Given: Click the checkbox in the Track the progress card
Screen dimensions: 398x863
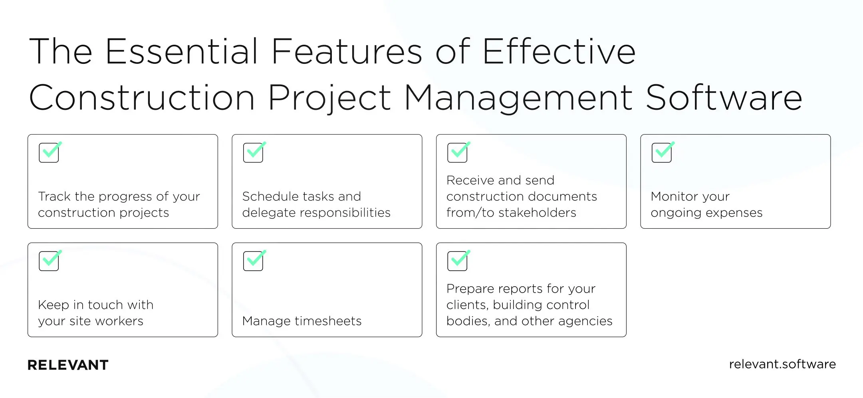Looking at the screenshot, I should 49,152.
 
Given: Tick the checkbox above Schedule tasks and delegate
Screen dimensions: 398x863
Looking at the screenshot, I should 253,152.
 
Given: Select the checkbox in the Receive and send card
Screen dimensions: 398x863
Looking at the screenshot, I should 457,152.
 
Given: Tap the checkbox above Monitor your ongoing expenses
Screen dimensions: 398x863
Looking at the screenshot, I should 662,152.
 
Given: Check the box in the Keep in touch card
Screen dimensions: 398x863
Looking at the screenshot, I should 49,261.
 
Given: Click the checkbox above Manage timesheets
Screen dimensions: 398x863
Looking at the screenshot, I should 253,261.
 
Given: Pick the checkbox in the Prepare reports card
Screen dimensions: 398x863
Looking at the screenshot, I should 457,261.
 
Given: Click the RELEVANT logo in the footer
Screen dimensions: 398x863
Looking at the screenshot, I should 68,365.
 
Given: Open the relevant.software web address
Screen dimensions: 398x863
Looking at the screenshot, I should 782,364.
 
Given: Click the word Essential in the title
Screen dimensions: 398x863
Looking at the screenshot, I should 182,52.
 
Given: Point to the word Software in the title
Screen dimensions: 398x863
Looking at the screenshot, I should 724,98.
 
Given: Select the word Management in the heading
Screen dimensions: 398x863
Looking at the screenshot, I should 518,98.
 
